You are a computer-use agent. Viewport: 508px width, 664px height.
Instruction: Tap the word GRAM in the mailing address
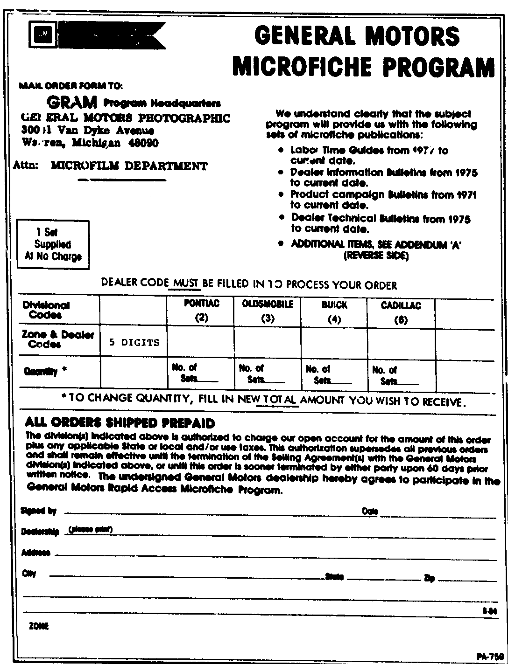(73, 102)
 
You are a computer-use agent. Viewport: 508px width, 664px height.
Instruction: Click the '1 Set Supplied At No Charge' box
(53, 244)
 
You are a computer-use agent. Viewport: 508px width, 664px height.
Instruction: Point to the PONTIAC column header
(202, 311)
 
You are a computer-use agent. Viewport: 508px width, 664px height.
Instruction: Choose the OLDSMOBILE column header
(268, 311)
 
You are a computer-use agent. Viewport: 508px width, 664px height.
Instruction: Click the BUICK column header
(335, 311)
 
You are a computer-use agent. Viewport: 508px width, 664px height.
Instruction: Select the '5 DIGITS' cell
(134, 343)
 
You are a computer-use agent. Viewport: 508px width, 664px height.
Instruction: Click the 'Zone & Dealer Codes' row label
(58, 339)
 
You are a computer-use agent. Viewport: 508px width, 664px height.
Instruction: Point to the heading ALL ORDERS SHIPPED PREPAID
(120, 423)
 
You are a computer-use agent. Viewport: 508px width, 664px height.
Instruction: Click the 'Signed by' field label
(39, 512)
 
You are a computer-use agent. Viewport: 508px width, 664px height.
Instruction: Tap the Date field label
(370, 512)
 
